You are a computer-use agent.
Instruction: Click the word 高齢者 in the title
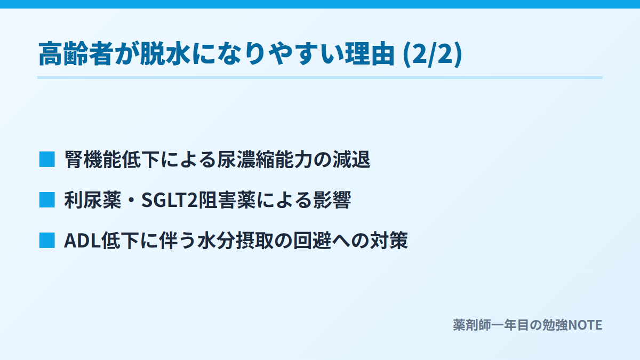pos(76,54)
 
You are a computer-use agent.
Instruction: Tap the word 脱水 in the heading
pos(165,54)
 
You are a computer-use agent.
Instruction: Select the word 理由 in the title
pos(369,54)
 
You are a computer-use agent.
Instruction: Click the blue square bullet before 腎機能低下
pos(47,159)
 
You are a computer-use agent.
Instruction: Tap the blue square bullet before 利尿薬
pos(47,199)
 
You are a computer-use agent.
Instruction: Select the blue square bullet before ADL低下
pos(47,241)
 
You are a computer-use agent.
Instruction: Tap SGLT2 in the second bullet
pos(170,200)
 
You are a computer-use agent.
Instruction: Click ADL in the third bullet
pos(82,241)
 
